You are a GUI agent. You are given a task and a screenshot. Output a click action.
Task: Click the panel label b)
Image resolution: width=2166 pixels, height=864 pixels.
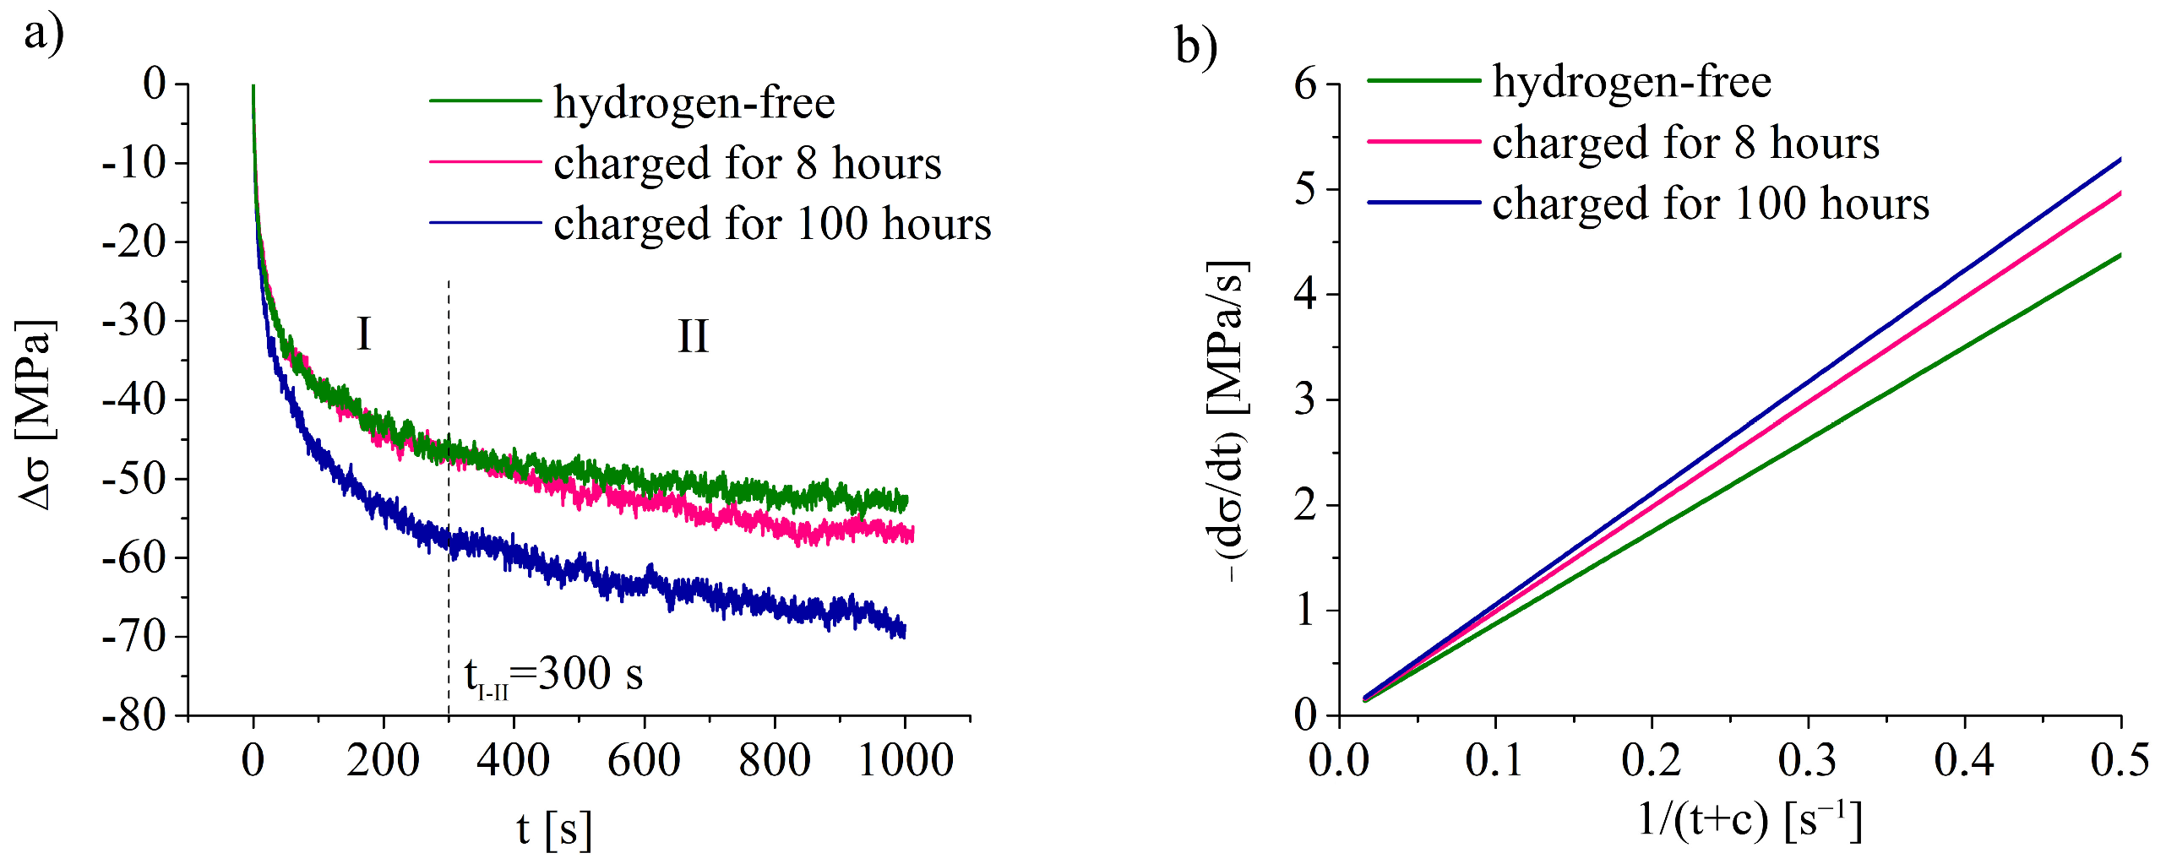click(1196, 46)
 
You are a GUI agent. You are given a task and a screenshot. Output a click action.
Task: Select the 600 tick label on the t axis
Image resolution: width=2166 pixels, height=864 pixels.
click(644, 760)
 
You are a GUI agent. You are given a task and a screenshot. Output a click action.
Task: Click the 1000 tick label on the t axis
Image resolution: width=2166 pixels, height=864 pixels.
click(905, 760)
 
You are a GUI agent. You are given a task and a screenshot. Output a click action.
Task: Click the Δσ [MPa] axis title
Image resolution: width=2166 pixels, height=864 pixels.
click(35, 414)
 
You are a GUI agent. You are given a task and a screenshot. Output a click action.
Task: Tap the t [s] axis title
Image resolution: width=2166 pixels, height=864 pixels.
click(554, 829)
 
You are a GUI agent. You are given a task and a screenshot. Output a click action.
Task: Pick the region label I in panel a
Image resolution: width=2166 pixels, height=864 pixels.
click(363, 334)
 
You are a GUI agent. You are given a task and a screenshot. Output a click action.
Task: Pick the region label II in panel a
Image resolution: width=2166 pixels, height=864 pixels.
click(693, 336)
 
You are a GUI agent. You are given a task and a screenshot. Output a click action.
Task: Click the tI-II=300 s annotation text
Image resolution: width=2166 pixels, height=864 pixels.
click(553, 676)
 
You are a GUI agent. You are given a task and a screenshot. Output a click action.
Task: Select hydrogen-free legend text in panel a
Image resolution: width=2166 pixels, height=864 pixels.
click(694, 103)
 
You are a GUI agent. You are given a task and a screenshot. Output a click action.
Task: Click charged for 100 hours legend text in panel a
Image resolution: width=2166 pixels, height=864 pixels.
click(771, 225)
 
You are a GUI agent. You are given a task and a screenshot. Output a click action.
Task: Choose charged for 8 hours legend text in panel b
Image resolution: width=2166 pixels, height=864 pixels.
click(1685, 142)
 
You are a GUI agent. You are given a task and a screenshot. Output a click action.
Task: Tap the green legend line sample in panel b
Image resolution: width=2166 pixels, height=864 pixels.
click(1423, 81)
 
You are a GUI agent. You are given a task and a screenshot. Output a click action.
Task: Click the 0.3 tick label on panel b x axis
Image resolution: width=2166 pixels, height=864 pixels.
click(1807, 760)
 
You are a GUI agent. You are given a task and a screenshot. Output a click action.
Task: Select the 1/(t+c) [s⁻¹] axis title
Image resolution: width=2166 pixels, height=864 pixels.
click(1750, 819)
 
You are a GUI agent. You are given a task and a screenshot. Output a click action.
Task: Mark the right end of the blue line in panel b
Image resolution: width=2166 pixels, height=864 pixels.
click(2120, 159)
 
